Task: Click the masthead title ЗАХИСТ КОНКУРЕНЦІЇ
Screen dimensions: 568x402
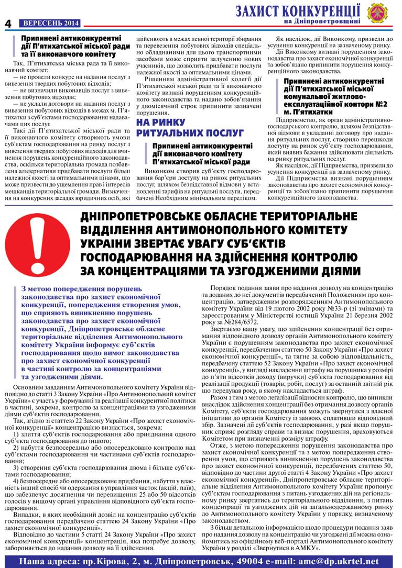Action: click(x=298, y=10)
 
